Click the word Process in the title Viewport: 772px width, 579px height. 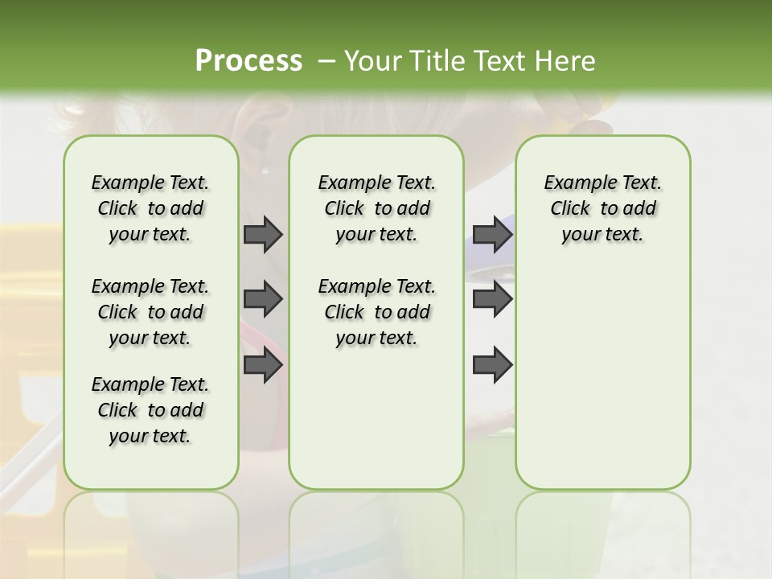(248, 61)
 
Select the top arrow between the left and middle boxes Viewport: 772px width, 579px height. (263, 235)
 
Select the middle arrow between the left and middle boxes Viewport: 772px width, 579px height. (263, 300)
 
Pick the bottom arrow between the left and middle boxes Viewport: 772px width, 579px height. (263, 365)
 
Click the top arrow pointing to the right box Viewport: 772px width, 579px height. (493, 235)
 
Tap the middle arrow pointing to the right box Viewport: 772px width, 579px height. (493, 300)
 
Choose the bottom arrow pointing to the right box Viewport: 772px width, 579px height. (493, 365)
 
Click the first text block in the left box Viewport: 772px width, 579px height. (150, 209)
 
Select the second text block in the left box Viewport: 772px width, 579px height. (150, 312)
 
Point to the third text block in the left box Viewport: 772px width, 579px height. (150, 410)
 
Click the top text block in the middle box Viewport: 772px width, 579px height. (376, 209)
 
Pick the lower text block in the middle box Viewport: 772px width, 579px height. (376, 312)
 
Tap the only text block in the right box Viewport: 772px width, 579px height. (602, 209)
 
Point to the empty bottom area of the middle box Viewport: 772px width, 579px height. (376, 426)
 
